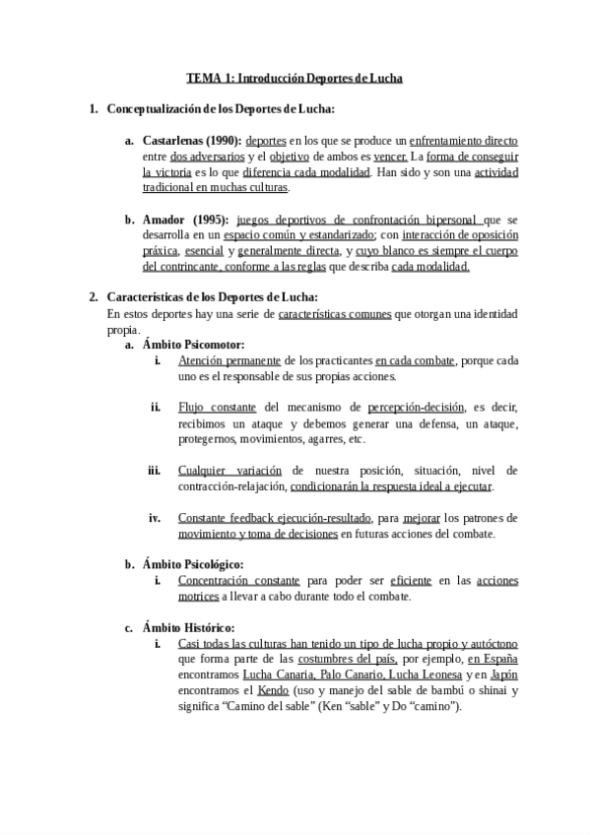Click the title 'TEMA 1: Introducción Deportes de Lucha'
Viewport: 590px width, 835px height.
click(x=295, y=78)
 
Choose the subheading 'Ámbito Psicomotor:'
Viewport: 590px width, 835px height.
click(x=193, y=345)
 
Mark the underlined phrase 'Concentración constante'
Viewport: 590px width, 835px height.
click(x=238, y=581)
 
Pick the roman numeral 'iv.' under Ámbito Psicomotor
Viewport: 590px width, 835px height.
click(x=154, y=518)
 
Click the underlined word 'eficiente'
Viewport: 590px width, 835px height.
click(x=411, y=581)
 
